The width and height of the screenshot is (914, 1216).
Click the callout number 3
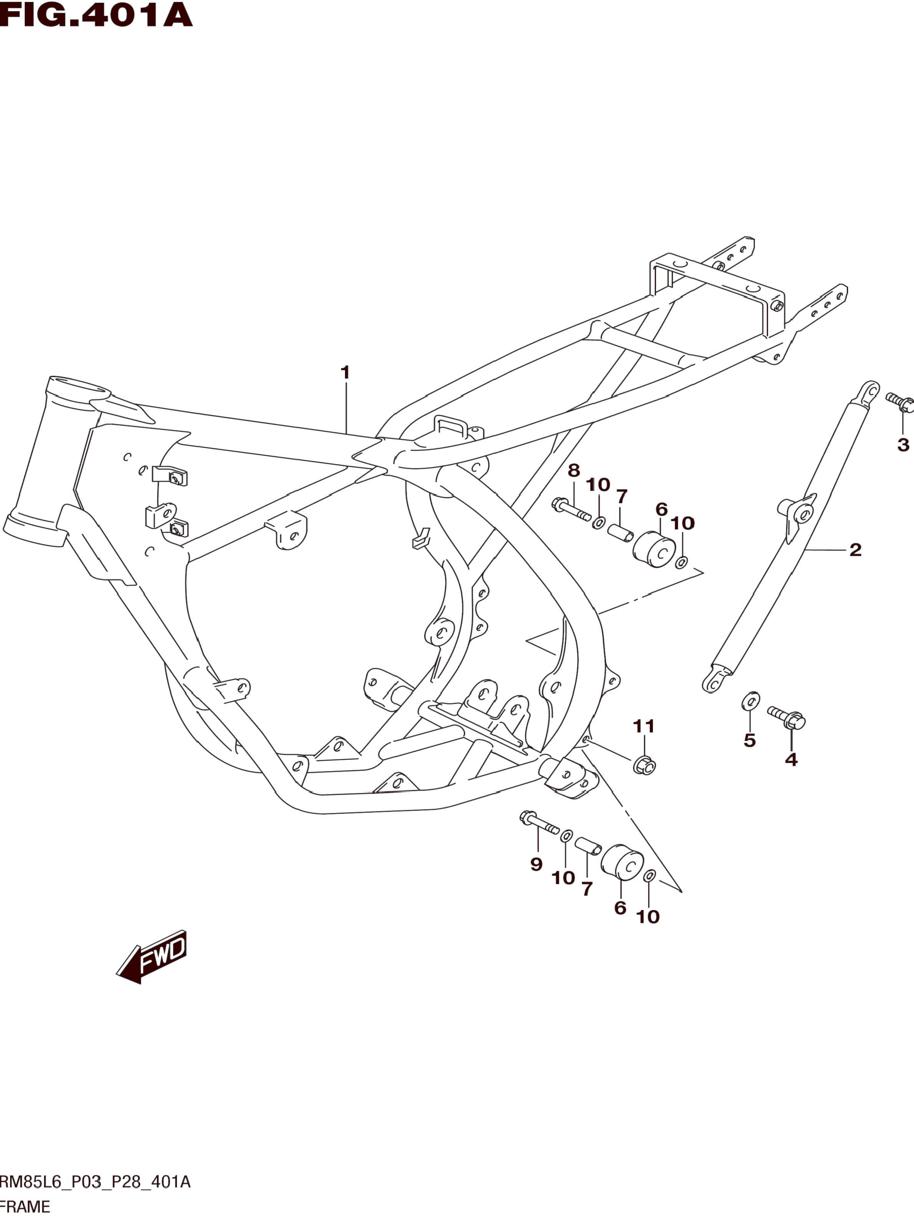coord(903,445)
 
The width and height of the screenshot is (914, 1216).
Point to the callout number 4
coord(791,760)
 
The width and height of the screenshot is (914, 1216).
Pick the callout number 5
coord(750,741)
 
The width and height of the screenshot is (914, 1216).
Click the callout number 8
coord(573,470)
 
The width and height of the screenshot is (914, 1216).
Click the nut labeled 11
coord(644,765)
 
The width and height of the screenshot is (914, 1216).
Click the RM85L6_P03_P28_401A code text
coord(94,1181)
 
